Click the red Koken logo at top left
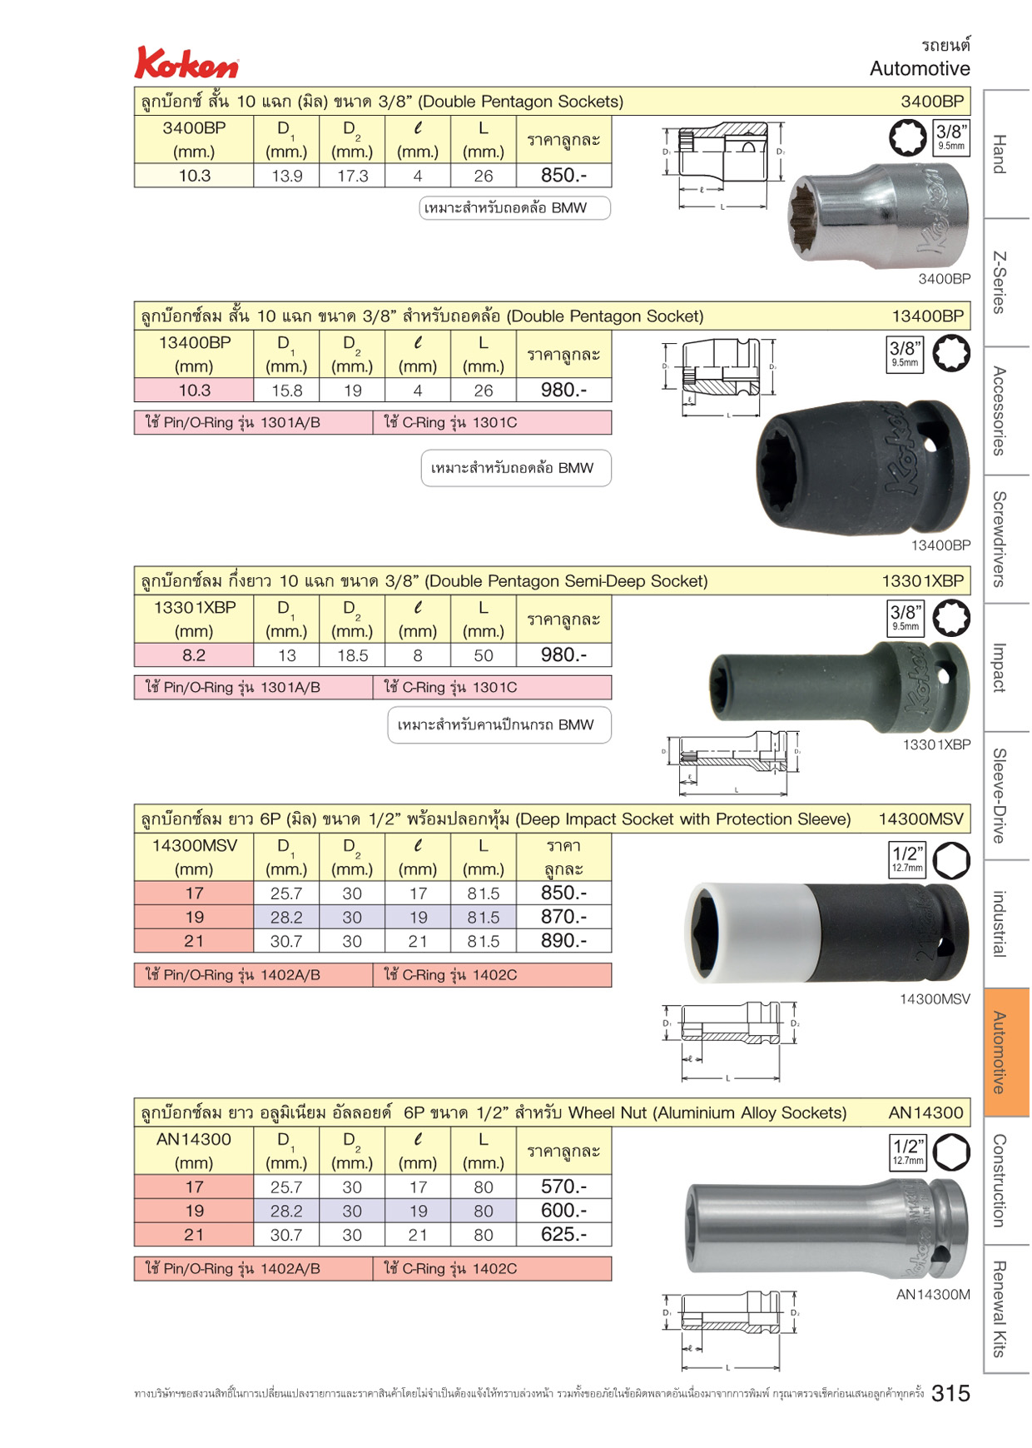pos(186,63)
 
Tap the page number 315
pos(950,1393)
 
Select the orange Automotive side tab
pos(1006,1052)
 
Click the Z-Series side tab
pos(1006,282)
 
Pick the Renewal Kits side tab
pos(1006,1308)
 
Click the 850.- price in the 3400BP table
pos(563,176)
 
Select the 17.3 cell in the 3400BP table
pos(352,176)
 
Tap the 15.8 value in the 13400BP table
pos(286,391)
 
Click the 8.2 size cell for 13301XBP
pos(194,655)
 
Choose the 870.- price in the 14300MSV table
pos(563,917)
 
